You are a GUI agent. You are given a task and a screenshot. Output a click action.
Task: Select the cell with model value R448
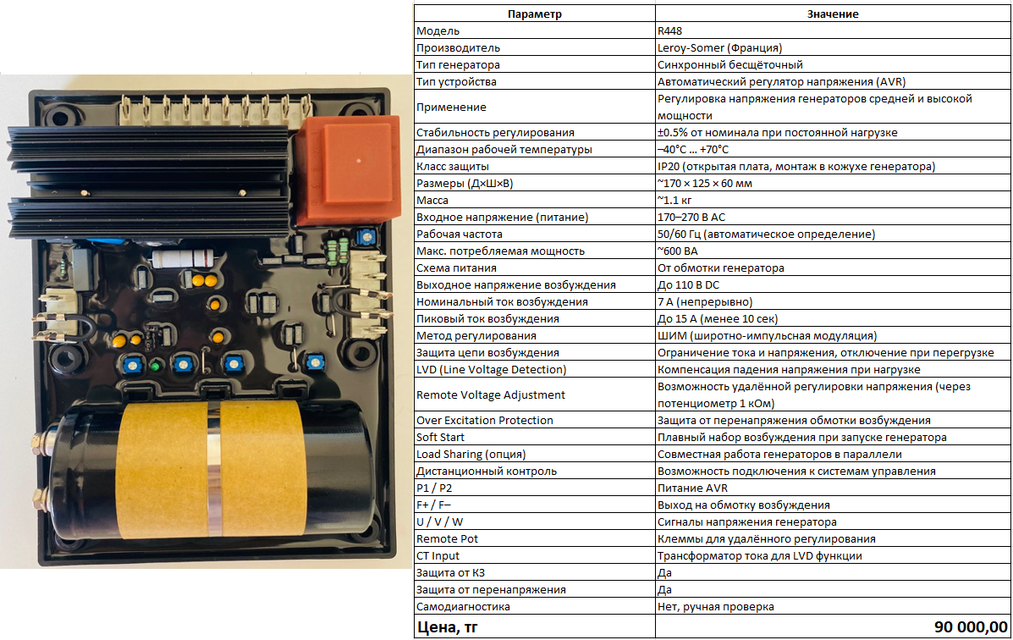pyautogui.click(x=671, y=30)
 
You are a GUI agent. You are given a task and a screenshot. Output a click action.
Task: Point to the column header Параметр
pyautogui.click(x=534, y=14)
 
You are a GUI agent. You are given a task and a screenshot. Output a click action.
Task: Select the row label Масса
pyautogui.click(x=432, y=200)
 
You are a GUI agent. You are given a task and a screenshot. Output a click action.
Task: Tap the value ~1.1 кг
pyautogui.click(x=676, y=200)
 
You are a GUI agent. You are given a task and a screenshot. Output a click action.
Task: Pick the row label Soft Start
pyautogui.click(x=440, y=437)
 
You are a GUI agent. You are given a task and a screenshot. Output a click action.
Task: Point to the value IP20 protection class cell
pyautogui.click(x=796, y=166)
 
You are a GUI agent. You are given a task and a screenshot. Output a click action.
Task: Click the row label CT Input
pyautogui.click(x=438, y=555)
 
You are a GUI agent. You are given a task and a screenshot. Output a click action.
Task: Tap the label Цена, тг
pyautogui.click(x=447, y=627)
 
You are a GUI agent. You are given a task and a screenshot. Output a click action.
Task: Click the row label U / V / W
pyautogui.click(x=440, y=521)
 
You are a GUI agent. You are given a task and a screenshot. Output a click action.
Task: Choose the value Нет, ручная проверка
pyautogui.click(x=715, y=606)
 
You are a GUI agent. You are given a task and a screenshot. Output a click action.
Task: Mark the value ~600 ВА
pyautogui.click(x=677, y=251)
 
